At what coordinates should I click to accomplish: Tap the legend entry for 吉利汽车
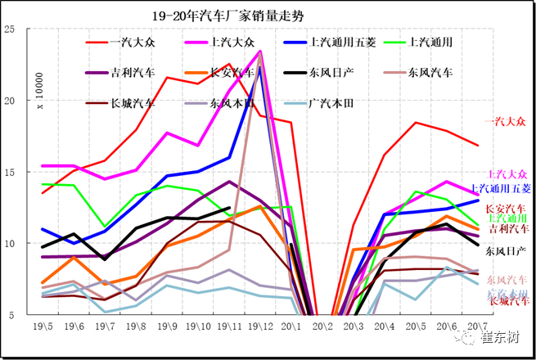(x=133, y=72)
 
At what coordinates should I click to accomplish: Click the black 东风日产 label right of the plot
(x=507, y=250)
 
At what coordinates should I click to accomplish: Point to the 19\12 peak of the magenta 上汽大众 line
(x=260, y=51)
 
